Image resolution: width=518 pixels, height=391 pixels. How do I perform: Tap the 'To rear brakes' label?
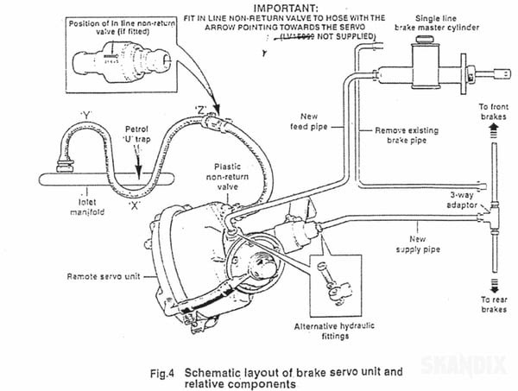pos(493,304)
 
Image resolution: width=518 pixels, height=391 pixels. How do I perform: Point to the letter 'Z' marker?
pos(199,110)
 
